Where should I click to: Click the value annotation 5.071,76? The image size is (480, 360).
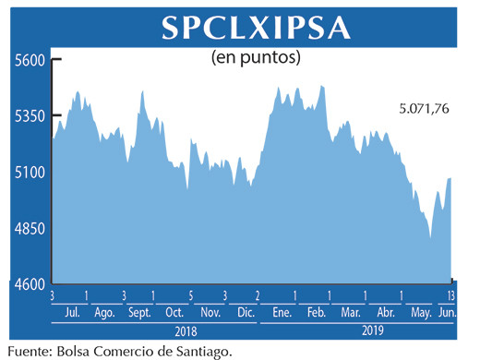coord(424,109)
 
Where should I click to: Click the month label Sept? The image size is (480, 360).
coord(138,313)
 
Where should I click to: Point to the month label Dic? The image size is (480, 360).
coord(245,313)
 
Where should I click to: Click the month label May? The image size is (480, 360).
coord(419,313)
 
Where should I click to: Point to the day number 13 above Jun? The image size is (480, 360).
coord(450,296)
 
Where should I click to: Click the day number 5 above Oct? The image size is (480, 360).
coord(190,296)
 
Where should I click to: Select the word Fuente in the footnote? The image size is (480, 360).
coord(28,349)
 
